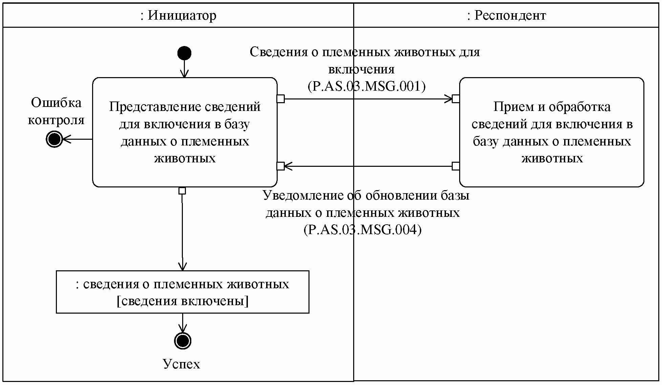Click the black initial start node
point(184,53)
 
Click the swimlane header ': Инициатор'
point(178,16)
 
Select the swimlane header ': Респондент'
point(507,16)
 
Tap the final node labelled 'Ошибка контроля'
point(54,139)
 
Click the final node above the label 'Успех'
point(183,340)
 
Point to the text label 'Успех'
point(181,364)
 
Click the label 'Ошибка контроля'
point(56,111)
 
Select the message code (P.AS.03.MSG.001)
point(366,86)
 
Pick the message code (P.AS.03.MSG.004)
point(362,230)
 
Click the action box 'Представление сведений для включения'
point(185,132)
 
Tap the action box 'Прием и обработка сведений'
point(552,132)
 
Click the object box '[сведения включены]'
point(183,292)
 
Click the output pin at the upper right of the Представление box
point(280,99)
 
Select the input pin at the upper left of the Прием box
point(456,99)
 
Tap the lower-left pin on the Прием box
point(456,166)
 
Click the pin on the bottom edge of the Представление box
point(182,191)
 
